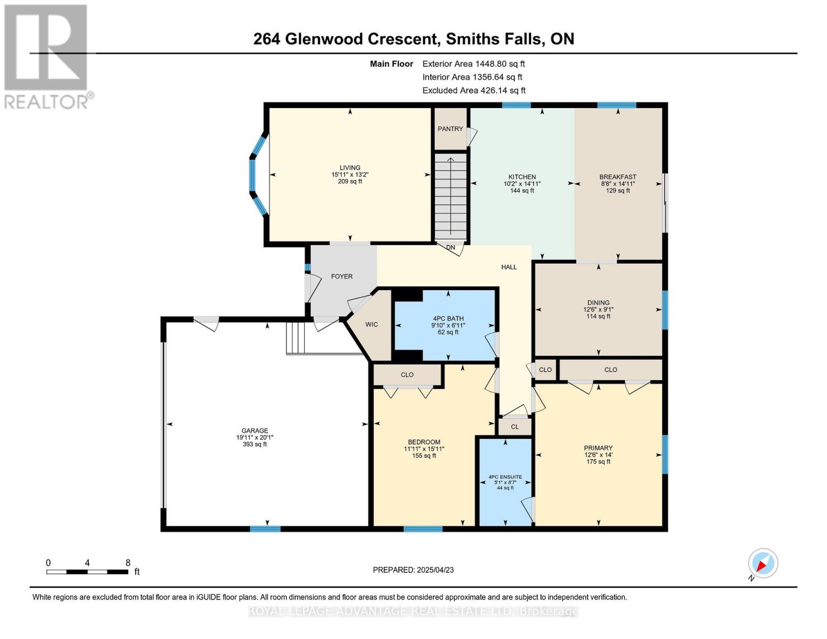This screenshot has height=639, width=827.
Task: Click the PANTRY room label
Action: [450, 129]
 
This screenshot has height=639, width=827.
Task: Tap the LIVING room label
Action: [350, 168]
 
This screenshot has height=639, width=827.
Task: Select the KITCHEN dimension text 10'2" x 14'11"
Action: [522, 184]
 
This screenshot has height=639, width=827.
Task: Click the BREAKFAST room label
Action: [618, 177]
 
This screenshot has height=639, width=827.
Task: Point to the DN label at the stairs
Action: [451, 248]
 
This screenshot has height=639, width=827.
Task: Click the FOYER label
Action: [342, 276]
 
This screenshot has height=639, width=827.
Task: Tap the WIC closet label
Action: [371, 325]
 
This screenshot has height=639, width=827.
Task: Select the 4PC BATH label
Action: [448, 318]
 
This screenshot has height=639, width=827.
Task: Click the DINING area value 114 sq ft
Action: [598, 316]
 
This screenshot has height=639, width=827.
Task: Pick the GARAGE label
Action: [255, 431]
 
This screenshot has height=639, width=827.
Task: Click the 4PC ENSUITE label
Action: [505, 477]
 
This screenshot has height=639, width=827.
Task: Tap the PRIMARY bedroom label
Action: [598, 448]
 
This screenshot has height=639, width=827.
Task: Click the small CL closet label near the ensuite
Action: [514, 427]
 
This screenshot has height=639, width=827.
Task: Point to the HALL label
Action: [509, 267]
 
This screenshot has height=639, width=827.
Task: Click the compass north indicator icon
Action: [763, 563]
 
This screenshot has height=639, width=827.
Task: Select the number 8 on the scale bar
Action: [128, 563]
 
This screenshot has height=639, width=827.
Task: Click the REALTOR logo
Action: [46, 56]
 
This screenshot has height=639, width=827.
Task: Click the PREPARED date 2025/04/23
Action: [435, 570]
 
